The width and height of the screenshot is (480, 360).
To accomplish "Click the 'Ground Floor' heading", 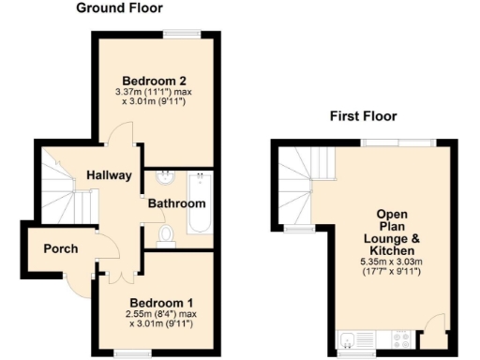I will [119, 8].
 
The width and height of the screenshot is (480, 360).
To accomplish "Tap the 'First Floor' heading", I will [363, 116].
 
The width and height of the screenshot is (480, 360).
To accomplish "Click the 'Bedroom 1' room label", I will [159, 303].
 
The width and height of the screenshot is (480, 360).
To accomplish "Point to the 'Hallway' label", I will [108, 175].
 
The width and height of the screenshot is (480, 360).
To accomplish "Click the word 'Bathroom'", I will [175, 203].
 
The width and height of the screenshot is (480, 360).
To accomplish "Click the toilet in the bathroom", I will [166, 234].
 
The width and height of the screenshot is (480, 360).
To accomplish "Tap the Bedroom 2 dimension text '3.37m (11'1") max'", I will [154, 93].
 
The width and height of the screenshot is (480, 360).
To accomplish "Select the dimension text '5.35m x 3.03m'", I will [392, 262].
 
